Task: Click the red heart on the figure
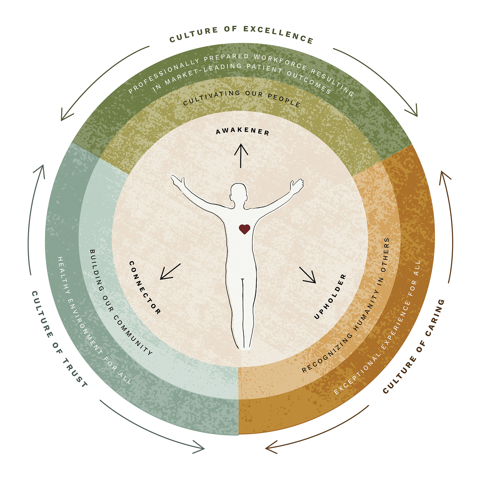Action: (x=244, y=229)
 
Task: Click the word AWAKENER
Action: (x=242, y=131)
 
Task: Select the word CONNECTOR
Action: (x=145, y=287)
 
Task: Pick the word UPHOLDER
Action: (x=330, y=296)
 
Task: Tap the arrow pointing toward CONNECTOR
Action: (x=170, y=272)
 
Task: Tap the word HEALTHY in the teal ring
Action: (x=64, y=275)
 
